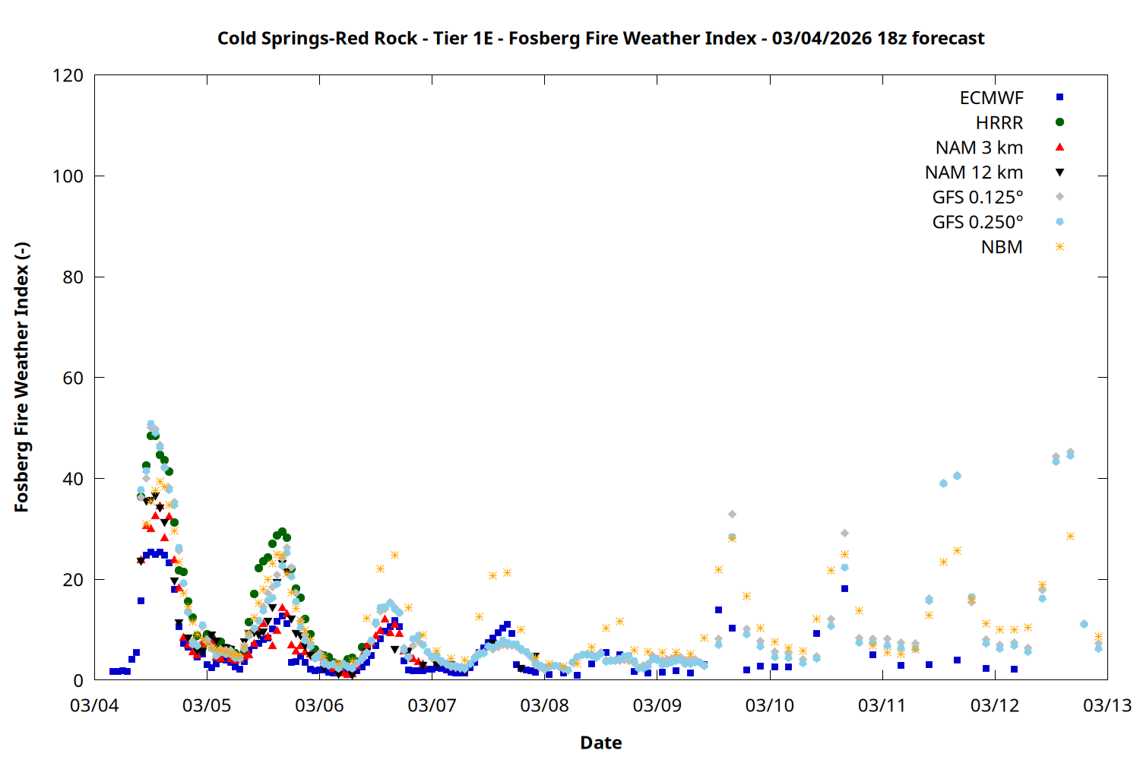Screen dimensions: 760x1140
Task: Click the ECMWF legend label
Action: (991, 98)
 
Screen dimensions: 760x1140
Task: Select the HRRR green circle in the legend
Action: (1059, 122)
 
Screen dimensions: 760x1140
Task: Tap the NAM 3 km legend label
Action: (979, 147)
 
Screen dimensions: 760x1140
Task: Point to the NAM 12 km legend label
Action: (974, 173)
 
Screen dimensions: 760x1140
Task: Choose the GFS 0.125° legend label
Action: (977, 198)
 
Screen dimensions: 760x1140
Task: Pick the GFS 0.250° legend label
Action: (977, 223)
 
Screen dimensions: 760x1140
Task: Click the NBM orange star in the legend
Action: (1059, 247)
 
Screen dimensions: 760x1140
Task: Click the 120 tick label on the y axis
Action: (68, 75)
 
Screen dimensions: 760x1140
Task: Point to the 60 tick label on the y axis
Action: (73, 378)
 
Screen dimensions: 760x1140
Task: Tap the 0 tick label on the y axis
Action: (78, 680)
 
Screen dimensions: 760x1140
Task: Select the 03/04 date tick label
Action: (94, 705)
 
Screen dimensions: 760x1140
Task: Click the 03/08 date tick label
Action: (544, 705)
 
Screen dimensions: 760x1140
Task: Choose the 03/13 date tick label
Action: (1107, 705)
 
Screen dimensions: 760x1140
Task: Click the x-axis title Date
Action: (600, 743)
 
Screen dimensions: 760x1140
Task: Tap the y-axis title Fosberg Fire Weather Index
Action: (21, 378)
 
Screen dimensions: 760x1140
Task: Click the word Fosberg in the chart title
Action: (539, 38)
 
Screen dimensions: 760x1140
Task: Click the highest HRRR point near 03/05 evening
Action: (282, 532)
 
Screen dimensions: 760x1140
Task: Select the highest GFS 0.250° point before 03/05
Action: (150, 424)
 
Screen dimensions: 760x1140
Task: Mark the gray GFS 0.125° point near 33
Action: (732, 515)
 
